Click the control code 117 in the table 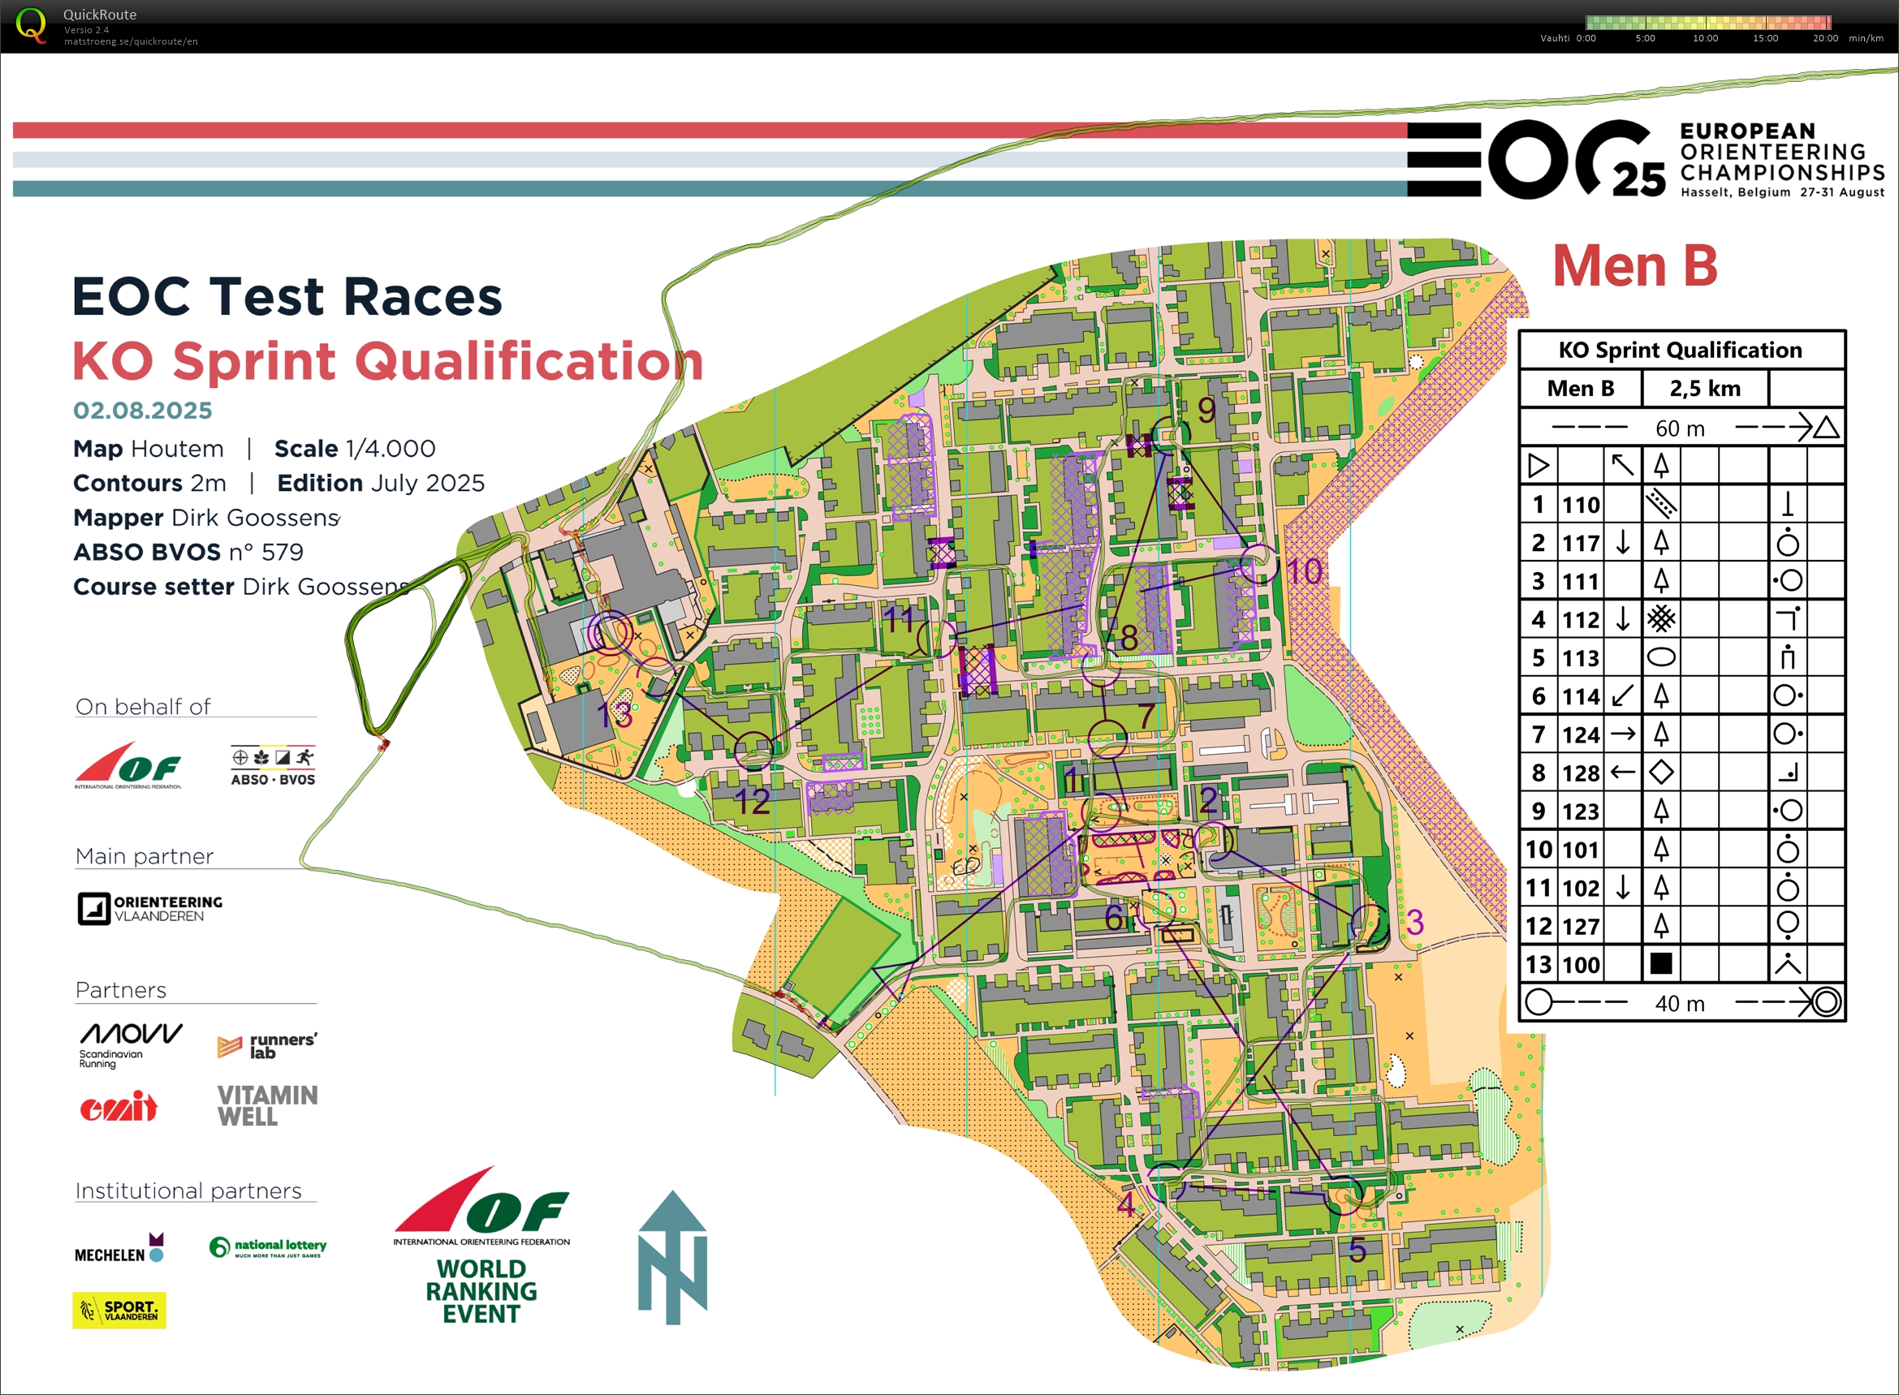coord(1580,543)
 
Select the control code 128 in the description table coord(1580,773)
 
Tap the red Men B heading coord(1634,266)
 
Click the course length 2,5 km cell coord(1704,389)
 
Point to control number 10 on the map coord(1303,571)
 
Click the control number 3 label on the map coord(1415,921)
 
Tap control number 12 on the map coord(751,800)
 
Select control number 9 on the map coord(1206,410)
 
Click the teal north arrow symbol coord(672,1258)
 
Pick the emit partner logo coord(119,1106)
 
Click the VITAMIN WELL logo coord(266,1106)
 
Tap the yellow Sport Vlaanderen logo coord(119,1310)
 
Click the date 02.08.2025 coord(142,411)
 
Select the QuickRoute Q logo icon coord(31,24)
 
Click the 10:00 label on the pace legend coord(1705,38)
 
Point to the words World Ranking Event coord(481,1291)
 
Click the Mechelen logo coord(119,1249)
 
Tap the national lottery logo coord(268,1246)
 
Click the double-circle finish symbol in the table coord(1824,1002)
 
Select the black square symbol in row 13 coord(1660,963)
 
